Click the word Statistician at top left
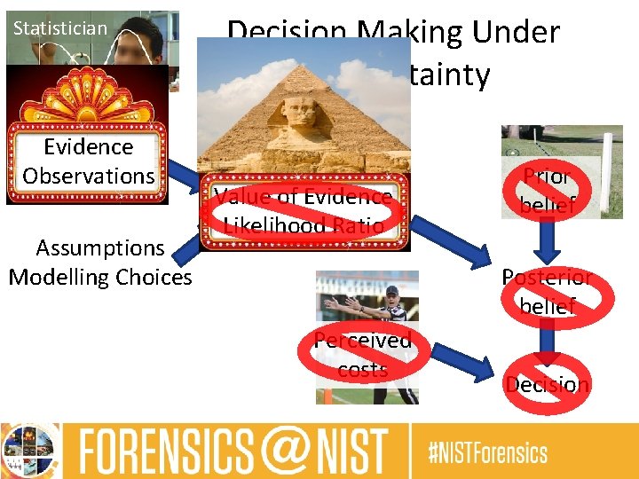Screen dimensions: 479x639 point(59,28)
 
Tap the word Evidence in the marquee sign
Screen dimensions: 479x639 point(89,147)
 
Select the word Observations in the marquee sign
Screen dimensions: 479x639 point(89,176)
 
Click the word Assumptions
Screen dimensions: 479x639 point(99,248)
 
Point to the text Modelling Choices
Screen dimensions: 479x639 point(99,278)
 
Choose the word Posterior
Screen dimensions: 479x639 point(547,278)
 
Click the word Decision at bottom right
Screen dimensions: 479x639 point(547,385)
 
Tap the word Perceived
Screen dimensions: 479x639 point(363,341)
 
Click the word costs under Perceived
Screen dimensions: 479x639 point(363,369)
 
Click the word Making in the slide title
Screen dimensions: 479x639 point(417,34)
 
